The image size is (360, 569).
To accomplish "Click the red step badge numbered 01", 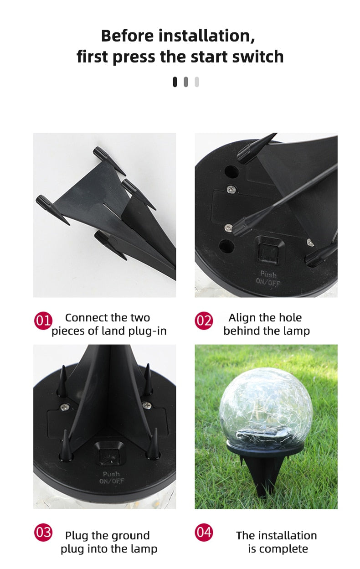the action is tap(43, 321).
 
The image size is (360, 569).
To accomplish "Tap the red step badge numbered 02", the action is tap(204, 321).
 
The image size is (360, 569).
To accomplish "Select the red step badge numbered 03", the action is tap(43, 532).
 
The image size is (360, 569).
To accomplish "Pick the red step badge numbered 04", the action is tap(204, 532).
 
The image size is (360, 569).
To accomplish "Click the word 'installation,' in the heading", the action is tap(207, 36).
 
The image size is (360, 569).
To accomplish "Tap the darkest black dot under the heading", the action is tap(175, 82).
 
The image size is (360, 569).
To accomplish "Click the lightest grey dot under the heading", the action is tap(197, 82).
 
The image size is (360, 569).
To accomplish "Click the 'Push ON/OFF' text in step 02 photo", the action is tap(268, 278).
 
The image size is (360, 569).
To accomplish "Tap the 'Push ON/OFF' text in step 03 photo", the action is tap(112, 478).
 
